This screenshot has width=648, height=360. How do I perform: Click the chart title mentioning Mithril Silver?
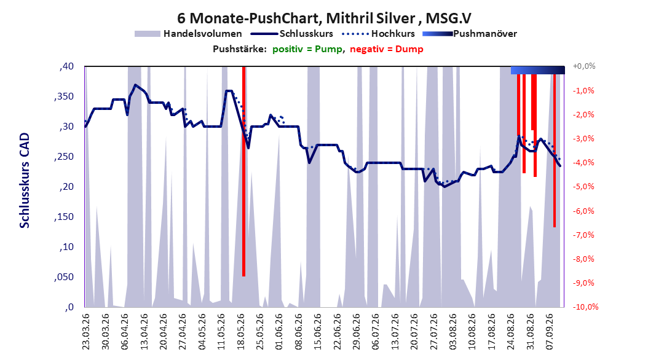324,18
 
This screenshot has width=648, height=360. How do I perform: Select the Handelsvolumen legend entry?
188,34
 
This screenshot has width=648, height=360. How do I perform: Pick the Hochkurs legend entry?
378,34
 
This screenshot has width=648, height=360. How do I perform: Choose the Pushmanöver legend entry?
470,34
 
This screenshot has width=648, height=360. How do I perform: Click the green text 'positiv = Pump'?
307,49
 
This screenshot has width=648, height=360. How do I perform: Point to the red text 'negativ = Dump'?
387,49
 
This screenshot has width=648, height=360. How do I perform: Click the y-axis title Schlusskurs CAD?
25,181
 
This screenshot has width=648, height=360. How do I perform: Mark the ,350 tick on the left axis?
64,96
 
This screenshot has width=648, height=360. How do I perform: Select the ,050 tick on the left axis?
64,277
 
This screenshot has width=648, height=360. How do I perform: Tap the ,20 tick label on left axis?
66,187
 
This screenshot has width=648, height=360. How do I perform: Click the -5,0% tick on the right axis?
583,187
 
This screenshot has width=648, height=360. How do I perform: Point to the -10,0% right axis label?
585,307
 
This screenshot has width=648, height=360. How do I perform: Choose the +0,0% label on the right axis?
584,66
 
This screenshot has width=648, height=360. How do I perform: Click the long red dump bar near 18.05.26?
244,171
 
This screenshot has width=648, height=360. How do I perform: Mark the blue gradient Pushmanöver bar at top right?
538,70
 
